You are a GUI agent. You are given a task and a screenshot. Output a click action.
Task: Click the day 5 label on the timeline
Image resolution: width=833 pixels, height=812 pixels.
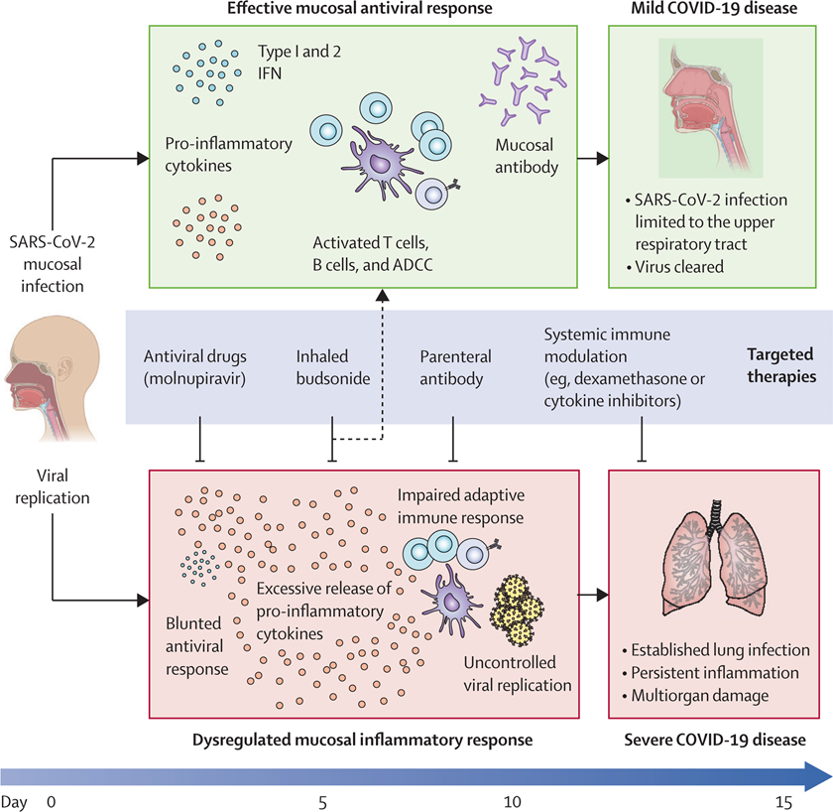[x=322, y=802]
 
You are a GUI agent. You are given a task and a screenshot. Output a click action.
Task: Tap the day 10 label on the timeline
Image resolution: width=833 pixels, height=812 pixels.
[x=512, y=802]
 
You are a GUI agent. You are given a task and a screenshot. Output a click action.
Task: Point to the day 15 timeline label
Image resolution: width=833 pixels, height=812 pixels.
[x=783, y=802]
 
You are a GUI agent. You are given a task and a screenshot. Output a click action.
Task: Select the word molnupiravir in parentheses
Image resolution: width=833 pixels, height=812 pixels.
[x=195, y=378]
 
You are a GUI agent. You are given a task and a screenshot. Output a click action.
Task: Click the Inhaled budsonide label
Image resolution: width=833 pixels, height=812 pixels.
[x=333, y=367]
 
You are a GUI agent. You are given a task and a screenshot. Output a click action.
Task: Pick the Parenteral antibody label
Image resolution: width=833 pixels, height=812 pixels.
[x=455, y=367]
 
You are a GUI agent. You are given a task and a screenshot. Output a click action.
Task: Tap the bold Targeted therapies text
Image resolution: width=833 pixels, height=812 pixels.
[x=781, y=365]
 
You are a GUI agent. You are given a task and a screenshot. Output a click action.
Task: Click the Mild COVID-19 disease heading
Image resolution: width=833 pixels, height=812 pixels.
[x=714, y=9]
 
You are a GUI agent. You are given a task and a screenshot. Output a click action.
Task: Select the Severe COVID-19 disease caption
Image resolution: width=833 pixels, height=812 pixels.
[x=715, y=740]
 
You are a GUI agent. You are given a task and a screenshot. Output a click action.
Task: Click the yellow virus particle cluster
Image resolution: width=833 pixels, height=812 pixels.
[x=517, y=609]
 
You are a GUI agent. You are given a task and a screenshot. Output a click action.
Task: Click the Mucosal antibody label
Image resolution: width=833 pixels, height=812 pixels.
[x=527, y=156]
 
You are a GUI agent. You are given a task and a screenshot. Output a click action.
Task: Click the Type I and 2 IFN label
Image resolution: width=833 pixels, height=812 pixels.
[x=299, y=63]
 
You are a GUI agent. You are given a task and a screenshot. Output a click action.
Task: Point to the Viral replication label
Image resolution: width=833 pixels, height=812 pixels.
[x=52, y=486]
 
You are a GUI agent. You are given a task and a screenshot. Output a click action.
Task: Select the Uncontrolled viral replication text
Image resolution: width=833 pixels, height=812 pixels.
[x=518, y=674]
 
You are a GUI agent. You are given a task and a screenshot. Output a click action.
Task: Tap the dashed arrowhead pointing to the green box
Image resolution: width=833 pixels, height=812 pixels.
[x=383, y=295]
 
